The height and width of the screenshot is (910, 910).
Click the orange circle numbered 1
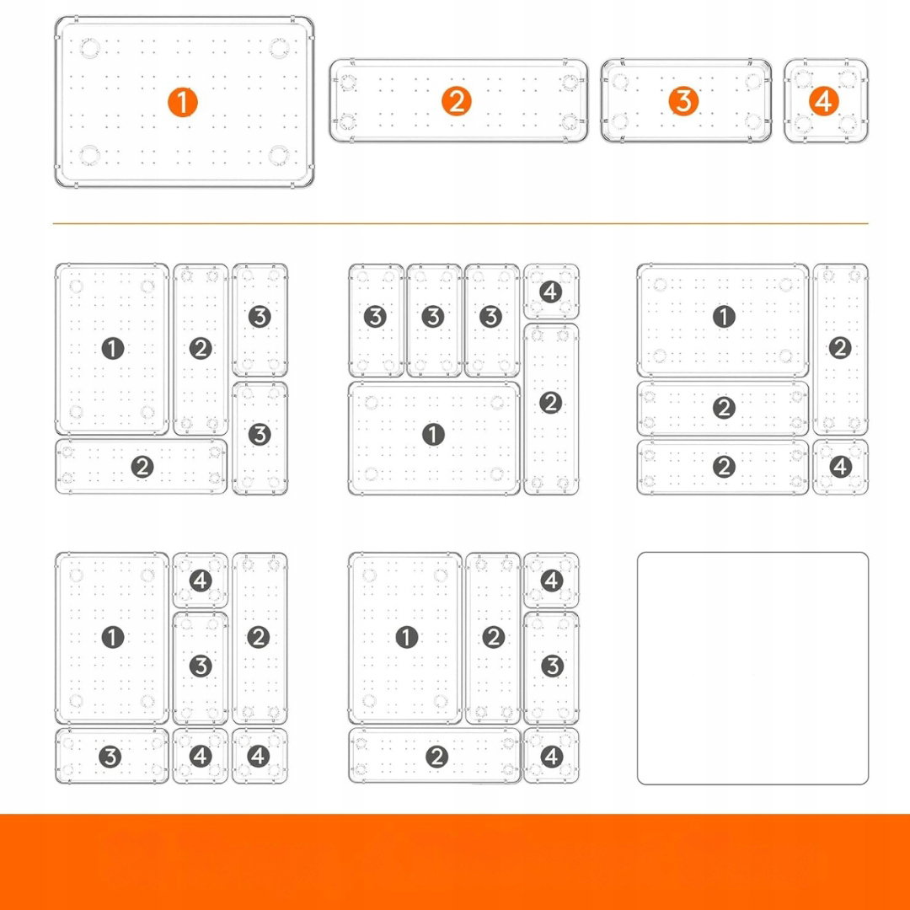click(183, 102)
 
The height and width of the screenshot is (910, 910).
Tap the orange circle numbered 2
click(457, 102)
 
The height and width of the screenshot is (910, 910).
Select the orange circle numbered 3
click(683, 101)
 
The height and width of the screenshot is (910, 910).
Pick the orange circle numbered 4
click(824, 102)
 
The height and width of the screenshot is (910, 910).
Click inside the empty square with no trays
click(752, 668)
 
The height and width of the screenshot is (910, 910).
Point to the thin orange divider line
click(460, 223)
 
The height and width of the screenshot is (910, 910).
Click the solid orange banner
click(455, 862)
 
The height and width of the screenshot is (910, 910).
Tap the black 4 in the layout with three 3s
click(551, 292)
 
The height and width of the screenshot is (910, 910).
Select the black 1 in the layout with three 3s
click(433, 435)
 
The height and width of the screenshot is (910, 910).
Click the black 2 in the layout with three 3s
click(551, 402)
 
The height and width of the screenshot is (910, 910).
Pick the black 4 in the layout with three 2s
click(841, 467)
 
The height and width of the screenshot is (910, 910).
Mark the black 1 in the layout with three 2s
click(724, 317)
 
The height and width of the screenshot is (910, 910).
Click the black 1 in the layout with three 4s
click(113, 637)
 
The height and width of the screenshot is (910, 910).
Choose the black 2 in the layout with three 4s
click(259, 637)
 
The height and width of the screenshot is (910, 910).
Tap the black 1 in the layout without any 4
click(113, 349)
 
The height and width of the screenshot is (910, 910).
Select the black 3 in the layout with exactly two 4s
click(552, 666)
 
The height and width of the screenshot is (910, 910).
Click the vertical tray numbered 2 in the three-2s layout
click(840, 349)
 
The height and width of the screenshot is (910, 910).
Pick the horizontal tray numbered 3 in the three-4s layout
click(112, 756)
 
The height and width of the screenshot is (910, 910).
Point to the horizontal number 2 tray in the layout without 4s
click(141, 467)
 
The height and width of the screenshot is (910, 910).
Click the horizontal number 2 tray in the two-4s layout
click(435, 756)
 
